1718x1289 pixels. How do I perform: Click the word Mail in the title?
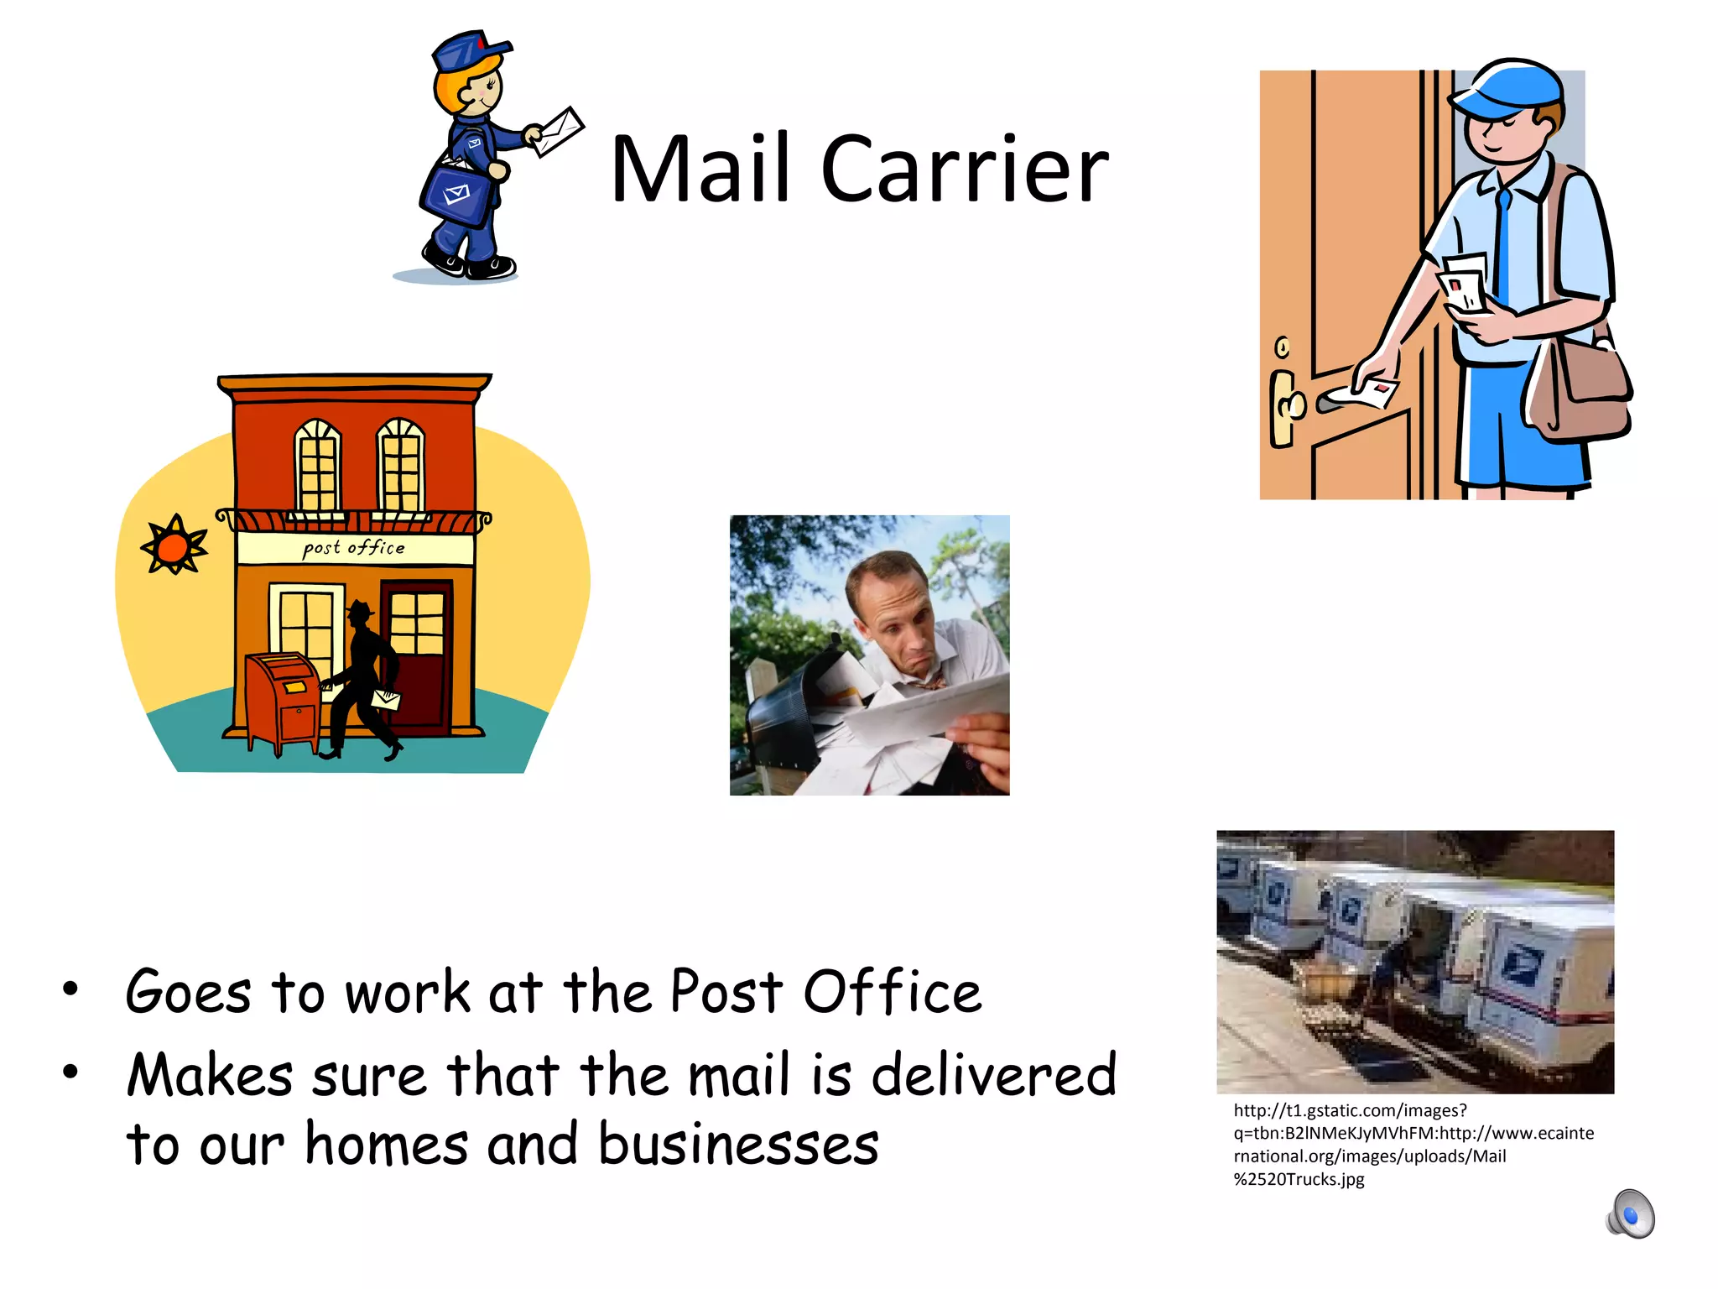coord(700,170)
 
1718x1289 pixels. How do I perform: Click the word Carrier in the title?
coord(965,170)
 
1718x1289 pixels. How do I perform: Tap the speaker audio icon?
coord(1631,1213)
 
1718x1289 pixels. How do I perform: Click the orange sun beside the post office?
coord(174,545)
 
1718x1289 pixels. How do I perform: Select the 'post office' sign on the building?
coord(354,548)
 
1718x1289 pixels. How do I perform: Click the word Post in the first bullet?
coord(726,992)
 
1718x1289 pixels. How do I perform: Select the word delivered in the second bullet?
coord(994,1075)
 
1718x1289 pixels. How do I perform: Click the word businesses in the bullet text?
coord(738,1144)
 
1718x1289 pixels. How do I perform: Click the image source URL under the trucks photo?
coord(1413,1145)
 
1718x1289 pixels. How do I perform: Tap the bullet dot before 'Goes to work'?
coord(70,989)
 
